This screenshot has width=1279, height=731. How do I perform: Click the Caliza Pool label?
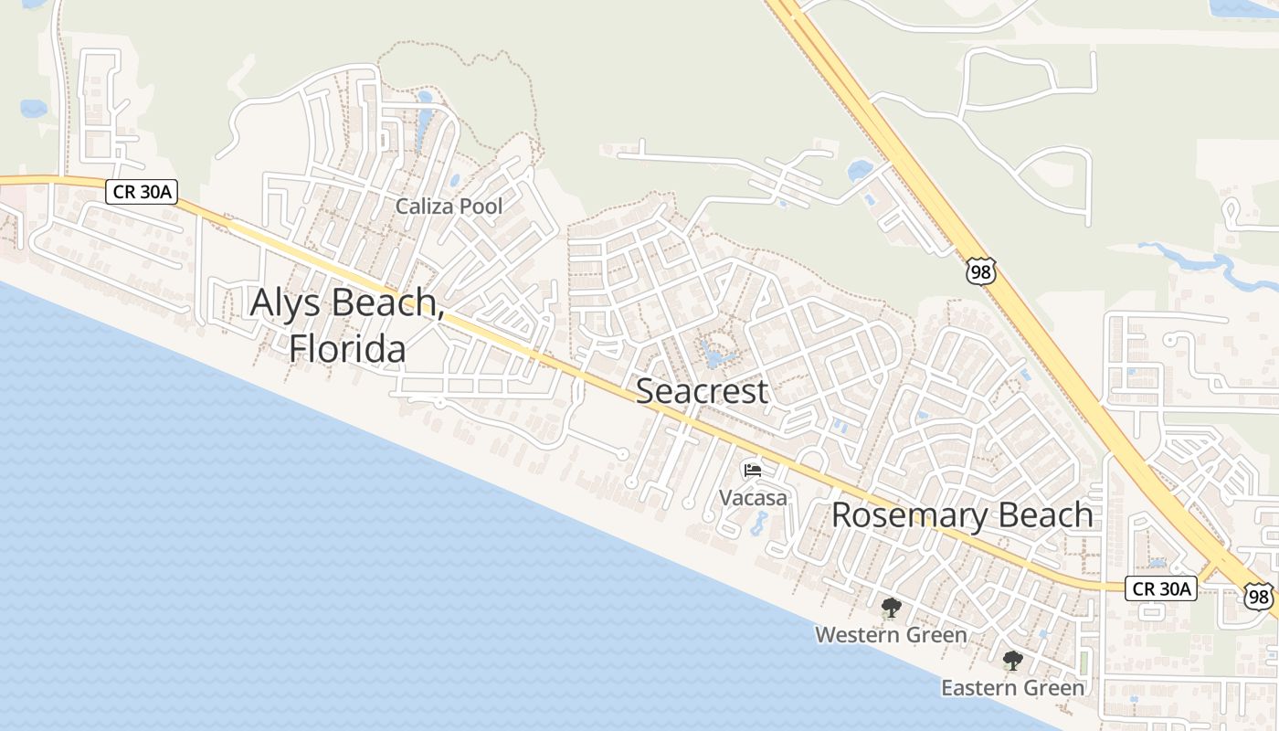click(449, 207)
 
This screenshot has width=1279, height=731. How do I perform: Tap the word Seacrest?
click(702, 391)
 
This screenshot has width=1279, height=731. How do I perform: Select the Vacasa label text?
click(753, 498)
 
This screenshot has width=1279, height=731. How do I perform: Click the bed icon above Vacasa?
click(753, 470)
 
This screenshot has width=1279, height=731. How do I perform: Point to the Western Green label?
click(891, 634)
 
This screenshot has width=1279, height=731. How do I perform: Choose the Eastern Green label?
click(1013, 687)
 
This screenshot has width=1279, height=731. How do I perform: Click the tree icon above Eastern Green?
click(1012, 661)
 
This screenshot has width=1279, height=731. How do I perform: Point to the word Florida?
click(348, 348)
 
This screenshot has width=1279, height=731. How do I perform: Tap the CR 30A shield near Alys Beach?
click(141, 191)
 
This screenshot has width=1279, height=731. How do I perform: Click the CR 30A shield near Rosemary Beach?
click(1161, 588)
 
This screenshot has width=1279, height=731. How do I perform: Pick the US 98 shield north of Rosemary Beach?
click(980, 271)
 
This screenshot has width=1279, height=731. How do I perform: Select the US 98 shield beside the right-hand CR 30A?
click(1259, 596)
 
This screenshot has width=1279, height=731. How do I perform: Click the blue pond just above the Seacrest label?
click(714, 355)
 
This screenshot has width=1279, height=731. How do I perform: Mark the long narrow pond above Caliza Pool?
click(423, 123)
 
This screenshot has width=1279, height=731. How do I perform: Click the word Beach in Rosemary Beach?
click(1045, 515)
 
